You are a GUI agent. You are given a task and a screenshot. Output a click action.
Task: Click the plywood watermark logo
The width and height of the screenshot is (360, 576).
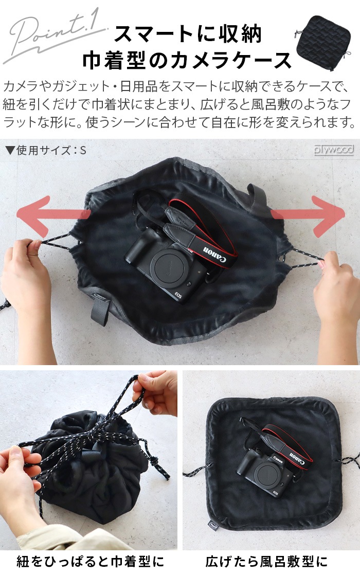(334, 150)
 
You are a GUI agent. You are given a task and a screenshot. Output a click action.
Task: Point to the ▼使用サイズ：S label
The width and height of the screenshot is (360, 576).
(45, 151)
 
